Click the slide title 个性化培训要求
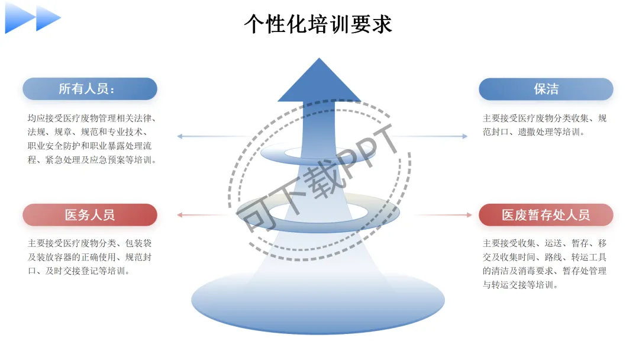point(318,25)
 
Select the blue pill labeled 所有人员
point(90,89)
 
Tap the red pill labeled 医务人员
point(90,215)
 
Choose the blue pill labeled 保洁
point(546,89)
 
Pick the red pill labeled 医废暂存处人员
point(546,215)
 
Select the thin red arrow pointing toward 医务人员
point(201,215)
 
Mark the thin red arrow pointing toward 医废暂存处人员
point(438,215)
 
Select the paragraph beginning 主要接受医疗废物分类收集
point(544,125)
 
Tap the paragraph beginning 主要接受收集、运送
point(544,264)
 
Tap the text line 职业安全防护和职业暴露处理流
point(92,146)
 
